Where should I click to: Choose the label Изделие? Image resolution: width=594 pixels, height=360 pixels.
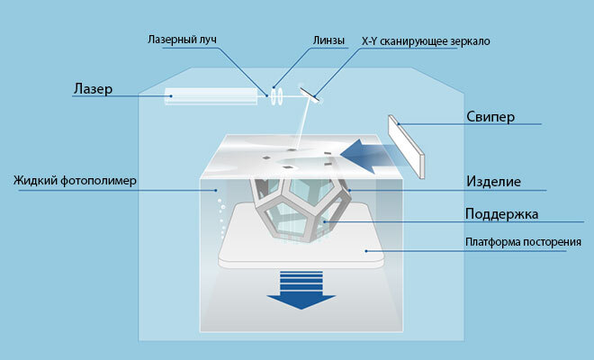(x=493, y=181)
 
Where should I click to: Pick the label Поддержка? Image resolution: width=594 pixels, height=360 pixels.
(x=501, y=215)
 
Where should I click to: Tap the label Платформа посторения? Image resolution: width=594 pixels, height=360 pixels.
(x=516, y=242)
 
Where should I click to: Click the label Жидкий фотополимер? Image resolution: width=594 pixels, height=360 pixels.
(x=75, y=180)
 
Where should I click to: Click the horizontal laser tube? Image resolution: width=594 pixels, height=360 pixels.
(x=211, y=94)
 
